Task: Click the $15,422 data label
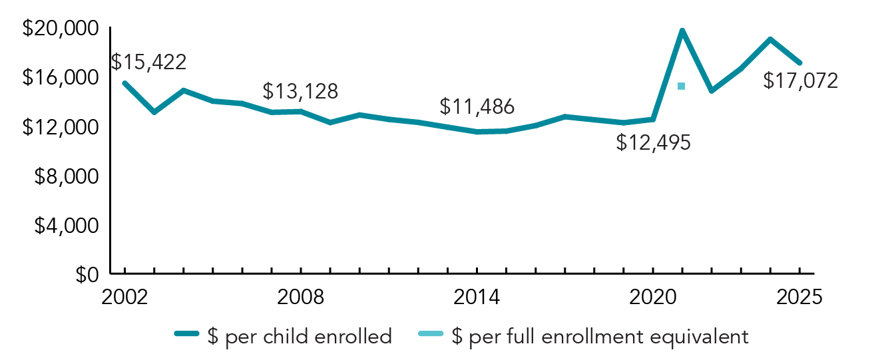click(x=148, y=62)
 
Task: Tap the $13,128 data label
click(x=300, y=91)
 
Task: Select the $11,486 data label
click(x=477, y=106)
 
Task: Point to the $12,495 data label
click(x=653, y=142)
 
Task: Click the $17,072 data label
click(x=801, y=81)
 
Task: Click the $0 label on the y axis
click(x=85, y=274)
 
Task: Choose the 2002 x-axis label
click(x=124, y=297)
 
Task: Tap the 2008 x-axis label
click(x=301, y=297)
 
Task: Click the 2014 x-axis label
click(x=477, y=297)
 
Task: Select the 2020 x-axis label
click(x=653, y=297)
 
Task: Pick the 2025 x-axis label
click(x=799, y=297)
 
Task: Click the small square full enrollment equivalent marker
click(x=681, y=86)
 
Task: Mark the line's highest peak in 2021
click(x=682, y=31)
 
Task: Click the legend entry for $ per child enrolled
click(x=283, y=336)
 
